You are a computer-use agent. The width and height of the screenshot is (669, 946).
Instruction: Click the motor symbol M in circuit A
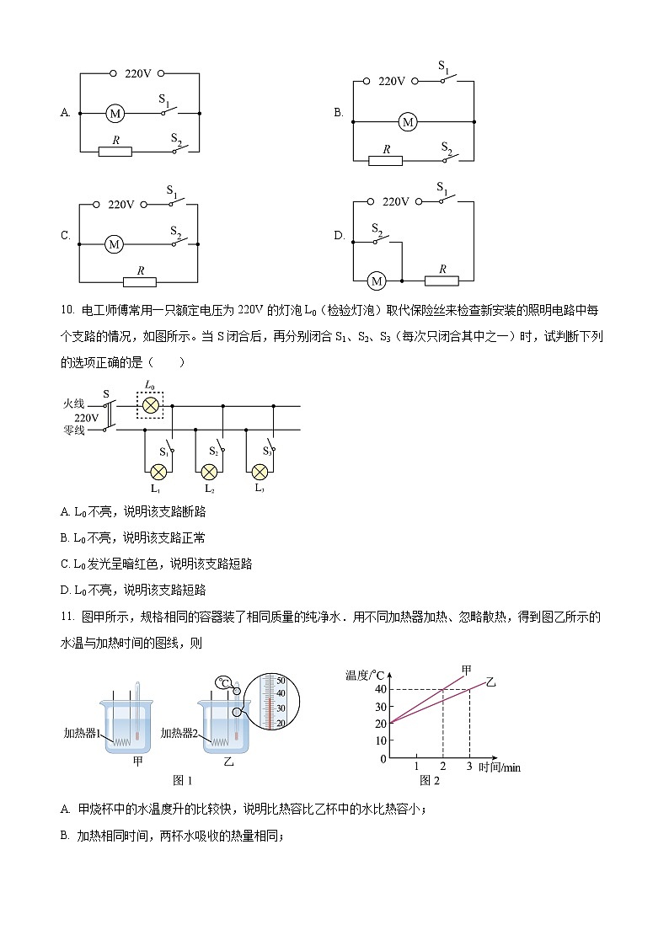pyautogui.click(x=115, y=113)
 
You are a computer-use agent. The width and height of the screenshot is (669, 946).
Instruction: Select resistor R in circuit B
pyautogui.click(x=386, y=160)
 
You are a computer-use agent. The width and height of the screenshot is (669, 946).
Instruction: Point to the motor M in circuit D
pyautogui.click(x=377, y=281)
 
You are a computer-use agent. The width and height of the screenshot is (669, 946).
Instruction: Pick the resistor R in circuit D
pyautogui.click(x=442, y=280)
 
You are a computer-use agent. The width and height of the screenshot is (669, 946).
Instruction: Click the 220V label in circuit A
pyautogui.click(x=137, y=73)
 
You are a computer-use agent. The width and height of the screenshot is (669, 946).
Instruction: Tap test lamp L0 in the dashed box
pyautogui.click(x=151, y=405)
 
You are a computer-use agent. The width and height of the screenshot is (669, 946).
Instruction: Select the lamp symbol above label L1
pyautogui.click(x=157, y=470)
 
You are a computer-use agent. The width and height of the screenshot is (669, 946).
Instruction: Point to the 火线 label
pyautogui.click(x=74, y=404)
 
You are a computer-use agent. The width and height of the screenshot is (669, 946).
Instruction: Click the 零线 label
pyautogui.click(x=74, y=430)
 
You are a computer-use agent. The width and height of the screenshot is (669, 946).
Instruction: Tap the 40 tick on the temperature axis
pyautogui.click(x=381, y=689)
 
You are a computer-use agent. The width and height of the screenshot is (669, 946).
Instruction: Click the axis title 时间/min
pyautogui.click(x=500, y=767)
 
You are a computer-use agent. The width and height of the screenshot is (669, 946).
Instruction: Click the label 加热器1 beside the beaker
pyautogui.click(x=82, y=733)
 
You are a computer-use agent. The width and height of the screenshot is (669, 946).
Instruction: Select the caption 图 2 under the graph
pyautogui.click(x=430, y=781)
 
